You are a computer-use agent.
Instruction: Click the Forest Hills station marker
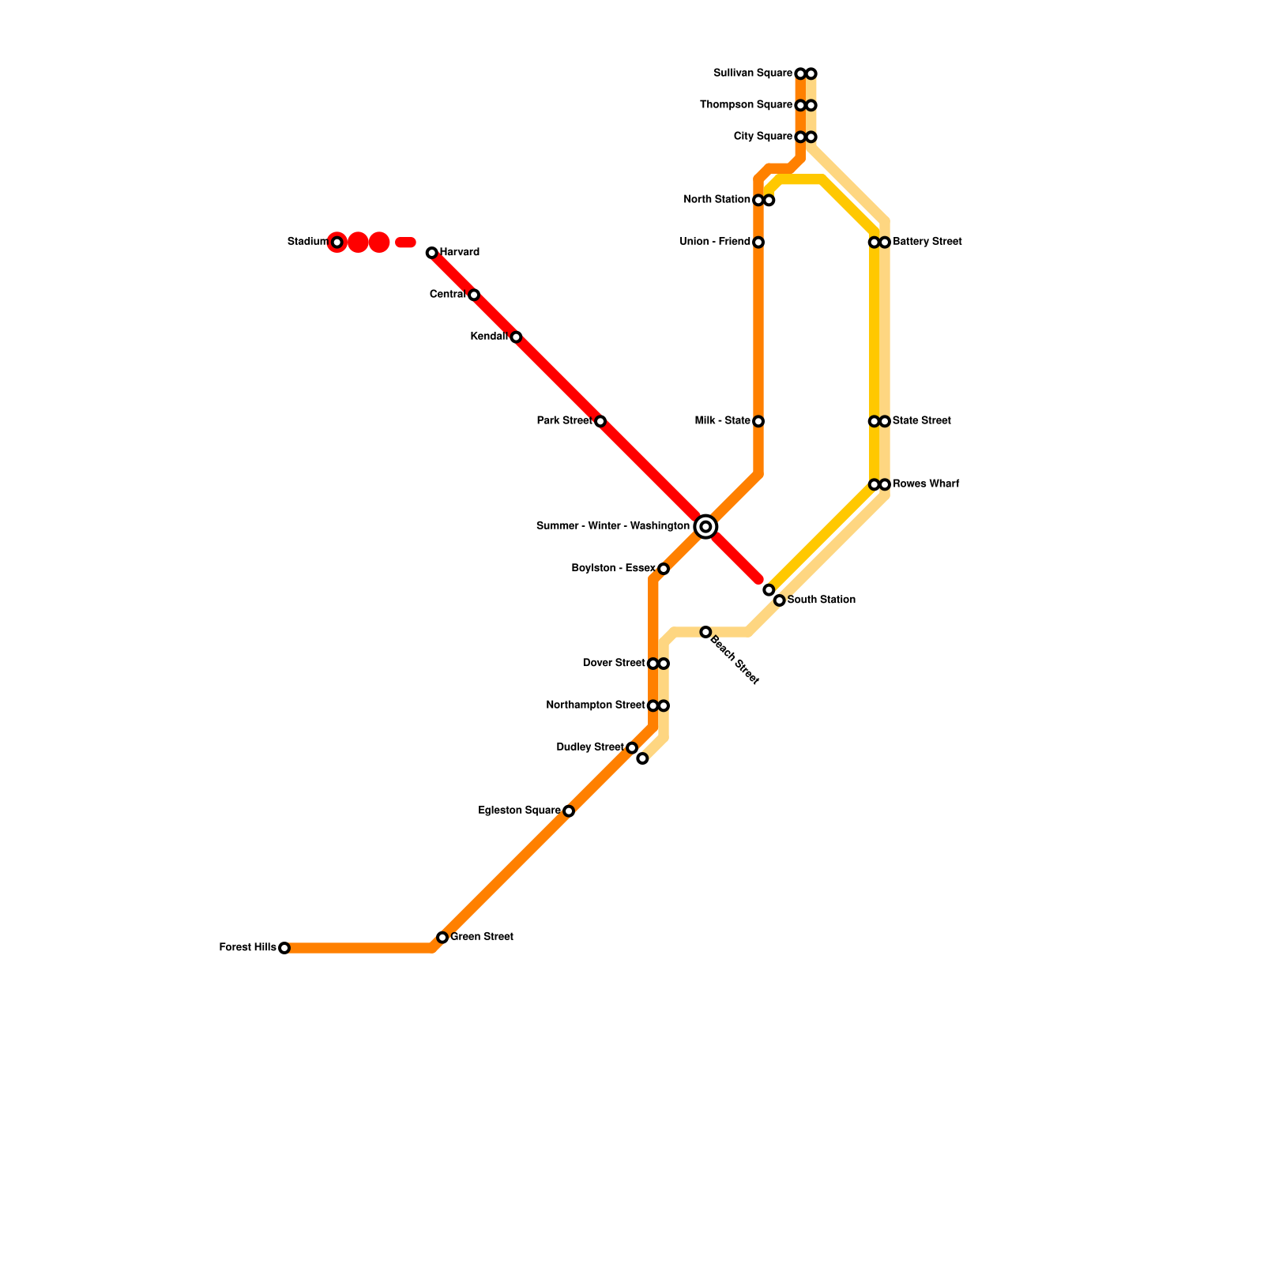coord(284,948)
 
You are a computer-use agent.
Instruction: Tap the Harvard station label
coord(460,253)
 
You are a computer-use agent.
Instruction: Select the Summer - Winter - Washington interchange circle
coord(706,526)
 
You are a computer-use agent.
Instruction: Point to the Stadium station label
coord(307,242)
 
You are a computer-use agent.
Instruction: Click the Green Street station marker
coord(442,938)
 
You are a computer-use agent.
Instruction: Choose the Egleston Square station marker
coord(569,811)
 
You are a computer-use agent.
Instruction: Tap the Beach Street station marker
coord(705,632)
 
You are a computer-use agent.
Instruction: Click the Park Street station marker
coord(600,422)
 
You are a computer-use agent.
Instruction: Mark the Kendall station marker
coord(516,337)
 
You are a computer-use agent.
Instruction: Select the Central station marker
coord(474,295)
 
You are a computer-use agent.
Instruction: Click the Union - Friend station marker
coord(758,243)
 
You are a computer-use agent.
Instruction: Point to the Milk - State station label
coord(722,421)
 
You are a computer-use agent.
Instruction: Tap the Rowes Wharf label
coord(926,484)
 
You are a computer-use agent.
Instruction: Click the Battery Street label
coord(927,242)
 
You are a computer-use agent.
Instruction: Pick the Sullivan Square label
coord(752,73)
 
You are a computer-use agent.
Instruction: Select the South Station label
coord(822,600)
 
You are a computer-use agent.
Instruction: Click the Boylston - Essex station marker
coord(664,569)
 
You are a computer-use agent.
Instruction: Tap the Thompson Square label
coord(746,105)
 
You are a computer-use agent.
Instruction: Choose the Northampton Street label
coord(596,705)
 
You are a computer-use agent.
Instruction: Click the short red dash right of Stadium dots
coord(405,243)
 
